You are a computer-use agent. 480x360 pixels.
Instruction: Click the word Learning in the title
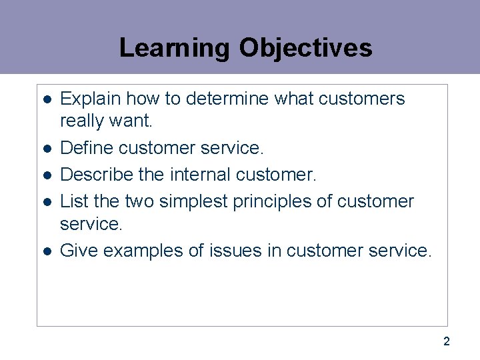(174, 48)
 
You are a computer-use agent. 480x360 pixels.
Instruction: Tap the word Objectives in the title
(305, 48)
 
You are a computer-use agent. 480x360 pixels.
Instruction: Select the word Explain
(88, 99)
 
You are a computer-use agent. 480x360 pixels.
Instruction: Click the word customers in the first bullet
(362, 99)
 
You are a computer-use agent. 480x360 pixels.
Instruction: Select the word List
(71, 201)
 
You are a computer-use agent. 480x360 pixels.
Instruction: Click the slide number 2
(447, 342)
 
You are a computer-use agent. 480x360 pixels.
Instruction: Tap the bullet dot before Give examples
(47, 251)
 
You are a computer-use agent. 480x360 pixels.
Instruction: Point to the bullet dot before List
(47, 201)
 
